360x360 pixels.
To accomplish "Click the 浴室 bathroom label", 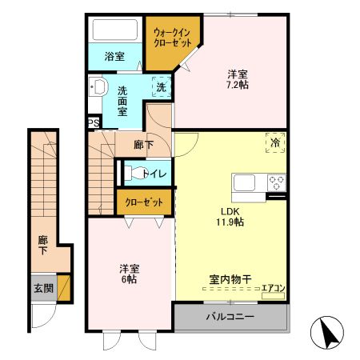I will (114, 56).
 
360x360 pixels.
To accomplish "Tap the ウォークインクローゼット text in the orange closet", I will (172, 38).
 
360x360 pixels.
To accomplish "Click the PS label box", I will (94, 123).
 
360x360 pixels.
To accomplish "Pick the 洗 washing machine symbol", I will (160, 86).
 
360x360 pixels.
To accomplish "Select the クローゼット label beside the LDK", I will (144, 202).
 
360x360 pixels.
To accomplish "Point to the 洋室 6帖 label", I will (128, 274).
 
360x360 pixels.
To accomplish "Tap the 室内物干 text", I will (230, 280).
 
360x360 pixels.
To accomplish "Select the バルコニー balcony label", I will (230, 317).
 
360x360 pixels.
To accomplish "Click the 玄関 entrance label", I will (43, 286).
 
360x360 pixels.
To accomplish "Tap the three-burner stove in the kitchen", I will (276, 182).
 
